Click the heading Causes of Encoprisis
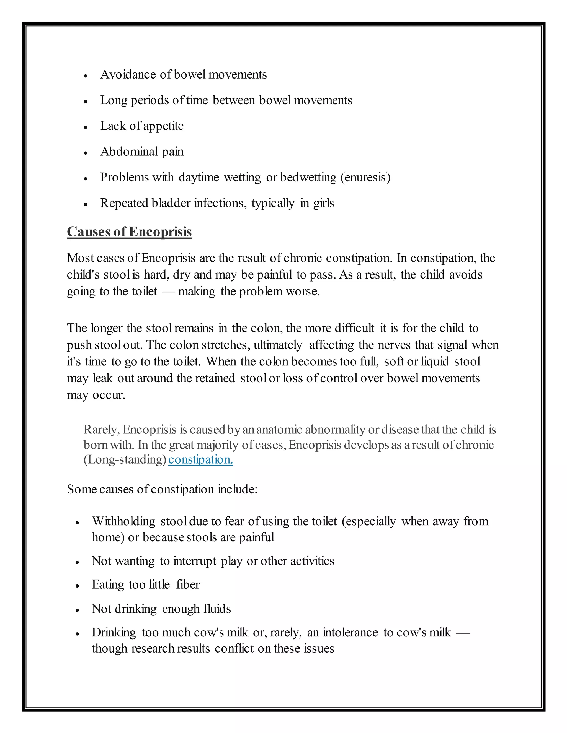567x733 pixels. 129,232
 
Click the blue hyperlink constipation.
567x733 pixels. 200,459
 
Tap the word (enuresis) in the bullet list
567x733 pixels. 365,178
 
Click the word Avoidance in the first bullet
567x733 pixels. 128,74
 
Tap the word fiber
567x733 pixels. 188,585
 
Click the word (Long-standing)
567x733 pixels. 125,459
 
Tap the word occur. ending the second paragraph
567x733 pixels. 109,395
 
